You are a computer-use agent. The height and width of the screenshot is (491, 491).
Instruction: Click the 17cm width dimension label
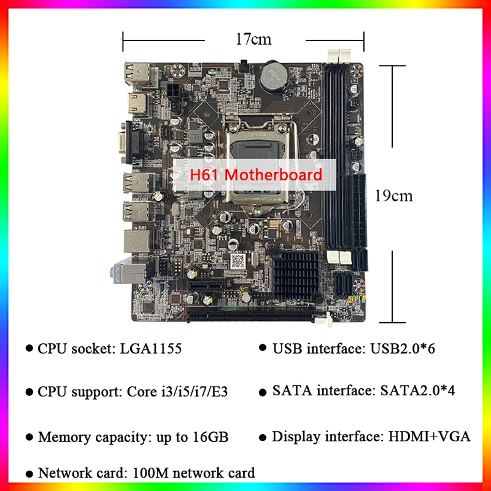point(253,40)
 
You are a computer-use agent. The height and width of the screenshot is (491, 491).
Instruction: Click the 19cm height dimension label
point(393,196)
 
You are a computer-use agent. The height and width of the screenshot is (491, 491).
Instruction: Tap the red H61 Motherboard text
point(255,175)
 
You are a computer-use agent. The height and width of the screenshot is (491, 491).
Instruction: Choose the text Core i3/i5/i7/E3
point(178,391)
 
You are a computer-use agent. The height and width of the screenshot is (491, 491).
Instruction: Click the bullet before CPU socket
point(29,349)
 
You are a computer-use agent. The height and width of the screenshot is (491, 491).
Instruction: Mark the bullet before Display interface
point(263,437)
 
